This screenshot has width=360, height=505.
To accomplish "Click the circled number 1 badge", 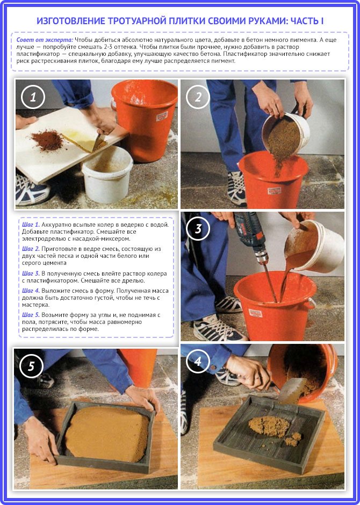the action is click(33, 97).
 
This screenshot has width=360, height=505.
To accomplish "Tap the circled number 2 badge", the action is click(198, 97).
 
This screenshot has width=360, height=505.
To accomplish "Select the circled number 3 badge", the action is click(198, 229).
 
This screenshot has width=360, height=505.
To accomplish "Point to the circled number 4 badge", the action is click(198, 362).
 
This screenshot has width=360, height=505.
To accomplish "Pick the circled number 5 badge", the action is click(31, 366).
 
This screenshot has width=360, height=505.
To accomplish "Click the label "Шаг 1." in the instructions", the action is click(31, 225).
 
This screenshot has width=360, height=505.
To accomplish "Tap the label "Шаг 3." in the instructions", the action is click(31, 273).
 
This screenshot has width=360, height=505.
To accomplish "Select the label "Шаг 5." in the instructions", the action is click(31, 315).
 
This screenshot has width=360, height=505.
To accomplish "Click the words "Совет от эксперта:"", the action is click(45, 40).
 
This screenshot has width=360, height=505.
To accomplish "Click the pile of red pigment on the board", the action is click(47, 140).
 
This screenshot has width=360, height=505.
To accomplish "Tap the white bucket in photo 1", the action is click(107, 174).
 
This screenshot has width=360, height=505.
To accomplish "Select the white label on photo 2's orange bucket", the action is click(274, 191).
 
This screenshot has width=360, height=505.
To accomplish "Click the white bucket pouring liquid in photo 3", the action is click(315, 246).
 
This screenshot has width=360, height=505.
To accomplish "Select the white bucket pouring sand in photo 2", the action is click(286, 133).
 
